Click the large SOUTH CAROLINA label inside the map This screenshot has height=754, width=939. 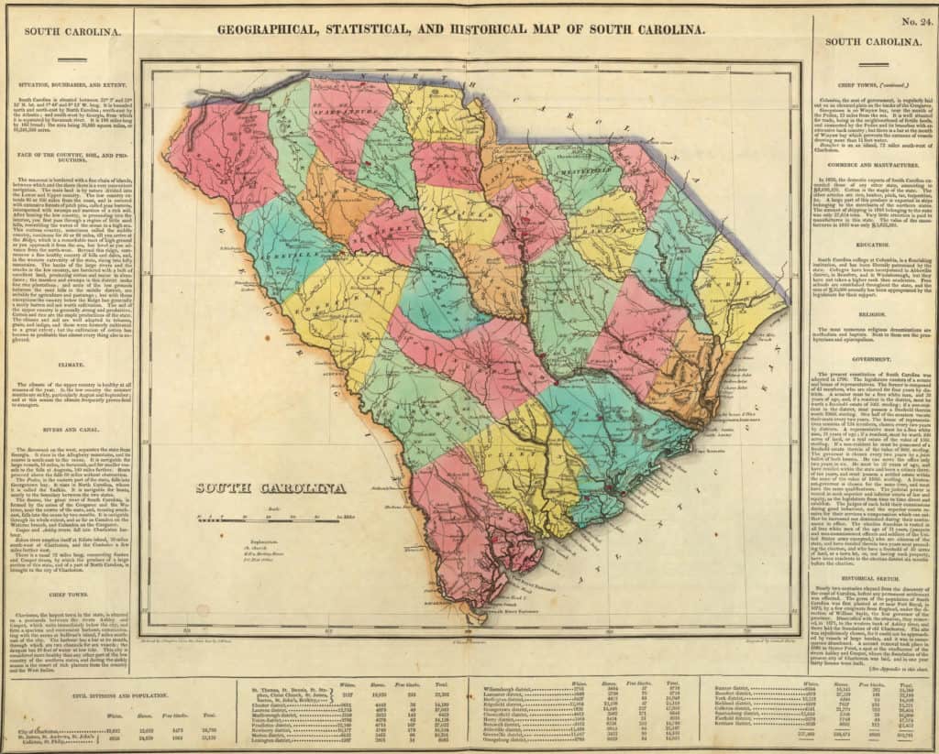pos(271,488)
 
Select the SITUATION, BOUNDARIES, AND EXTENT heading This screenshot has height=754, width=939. pos(69,82)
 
